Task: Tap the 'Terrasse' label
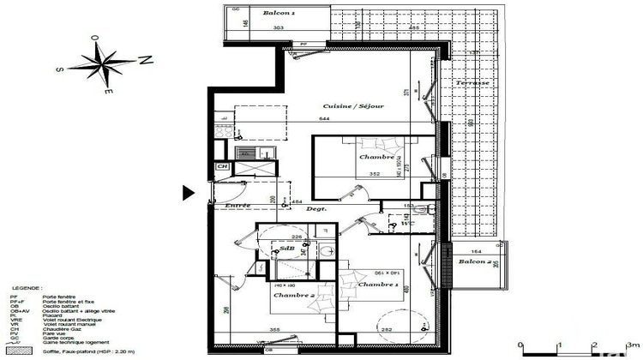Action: [472, 82]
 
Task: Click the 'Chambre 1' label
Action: [378, 284]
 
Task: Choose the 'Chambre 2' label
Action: [294, 295]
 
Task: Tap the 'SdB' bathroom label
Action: [287, 249]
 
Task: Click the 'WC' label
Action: [406, 225]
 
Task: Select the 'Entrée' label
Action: [237, 206]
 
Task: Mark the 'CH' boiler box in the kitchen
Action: [221, 166]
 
